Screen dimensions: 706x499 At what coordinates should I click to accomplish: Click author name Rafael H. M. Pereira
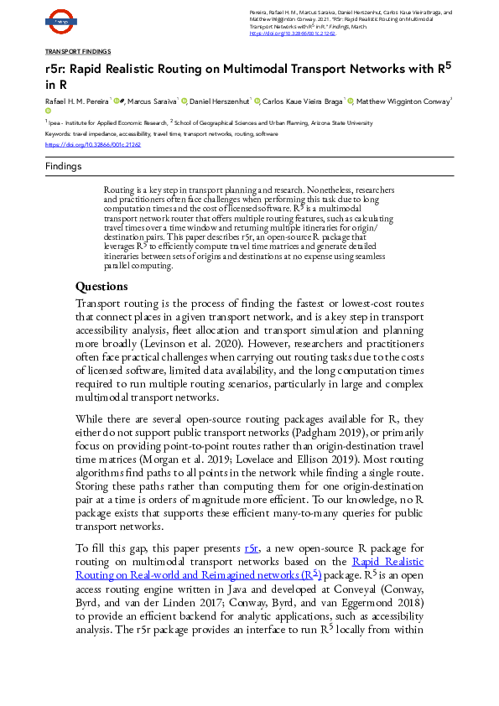76,101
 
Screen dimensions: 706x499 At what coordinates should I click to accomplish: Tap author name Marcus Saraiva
152,101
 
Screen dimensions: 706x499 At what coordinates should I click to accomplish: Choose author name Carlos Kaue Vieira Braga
303,101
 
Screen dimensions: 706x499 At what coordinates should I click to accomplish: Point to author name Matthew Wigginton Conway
403,101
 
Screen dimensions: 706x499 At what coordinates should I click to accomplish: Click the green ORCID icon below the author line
49,111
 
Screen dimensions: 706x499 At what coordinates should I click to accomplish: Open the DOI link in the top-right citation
293,33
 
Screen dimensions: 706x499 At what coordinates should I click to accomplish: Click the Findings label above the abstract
64,166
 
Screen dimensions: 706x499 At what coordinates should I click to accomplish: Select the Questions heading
101,286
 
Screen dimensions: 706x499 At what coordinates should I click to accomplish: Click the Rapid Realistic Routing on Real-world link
387,562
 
